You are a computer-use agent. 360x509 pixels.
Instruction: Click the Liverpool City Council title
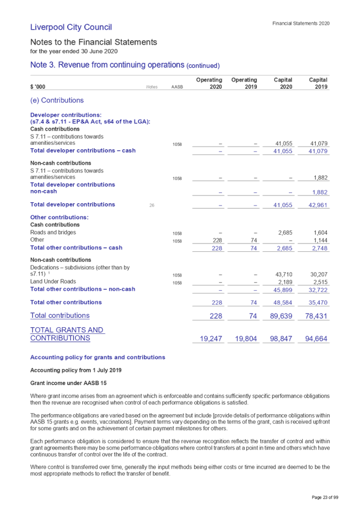click(71, 27)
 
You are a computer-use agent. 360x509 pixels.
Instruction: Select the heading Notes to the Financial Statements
click(93, 42)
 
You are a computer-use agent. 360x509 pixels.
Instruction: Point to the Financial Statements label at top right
click(301, 24)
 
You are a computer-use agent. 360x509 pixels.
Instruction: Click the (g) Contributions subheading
click(57, 100)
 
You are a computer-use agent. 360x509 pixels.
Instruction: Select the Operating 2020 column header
click(209, 83)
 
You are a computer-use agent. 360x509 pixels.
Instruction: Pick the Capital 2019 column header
click(318, 83)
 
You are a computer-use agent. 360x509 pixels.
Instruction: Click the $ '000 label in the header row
click(37, 87)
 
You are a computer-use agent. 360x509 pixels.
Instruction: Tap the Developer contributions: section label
click(66, 115)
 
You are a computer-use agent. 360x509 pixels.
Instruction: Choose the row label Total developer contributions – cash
click(83, 150)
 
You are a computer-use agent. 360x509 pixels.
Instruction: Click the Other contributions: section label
click(60, 218)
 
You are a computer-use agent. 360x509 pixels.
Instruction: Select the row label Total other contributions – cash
click(76, 248)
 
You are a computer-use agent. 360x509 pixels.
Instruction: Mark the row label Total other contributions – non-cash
click(83, 289)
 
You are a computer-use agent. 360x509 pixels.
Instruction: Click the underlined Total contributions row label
click(60, 316)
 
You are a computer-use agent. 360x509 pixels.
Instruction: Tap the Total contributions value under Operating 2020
click(217, 316)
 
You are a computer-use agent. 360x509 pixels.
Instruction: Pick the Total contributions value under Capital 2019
click(318, 316)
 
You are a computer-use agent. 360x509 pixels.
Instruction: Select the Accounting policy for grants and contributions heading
click(98, 358)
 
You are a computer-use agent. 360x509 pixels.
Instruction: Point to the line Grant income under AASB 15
click(60, 383)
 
